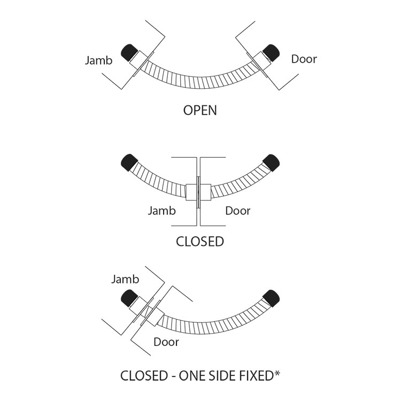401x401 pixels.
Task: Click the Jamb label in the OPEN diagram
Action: point(99,60)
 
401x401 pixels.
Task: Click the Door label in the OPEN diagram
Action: point(304,59)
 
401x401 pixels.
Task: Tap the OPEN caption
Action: point(200,111)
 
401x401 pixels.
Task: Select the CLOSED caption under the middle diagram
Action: point(200,241)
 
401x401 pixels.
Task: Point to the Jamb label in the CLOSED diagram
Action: point(161,211)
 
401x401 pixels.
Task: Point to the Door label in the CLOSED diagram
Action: point(237,211)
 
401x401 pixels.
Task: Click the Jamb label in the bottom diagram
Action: point(126,279)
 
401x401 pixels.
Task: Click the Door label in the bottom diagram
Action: point(166,342)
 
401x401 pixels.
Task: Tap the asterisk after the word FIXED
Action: point(278,373)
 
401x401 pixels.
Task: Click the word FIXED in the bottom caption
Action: point(256,376)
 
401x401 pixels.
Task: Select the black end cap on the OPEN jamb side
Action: point(130,52)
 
